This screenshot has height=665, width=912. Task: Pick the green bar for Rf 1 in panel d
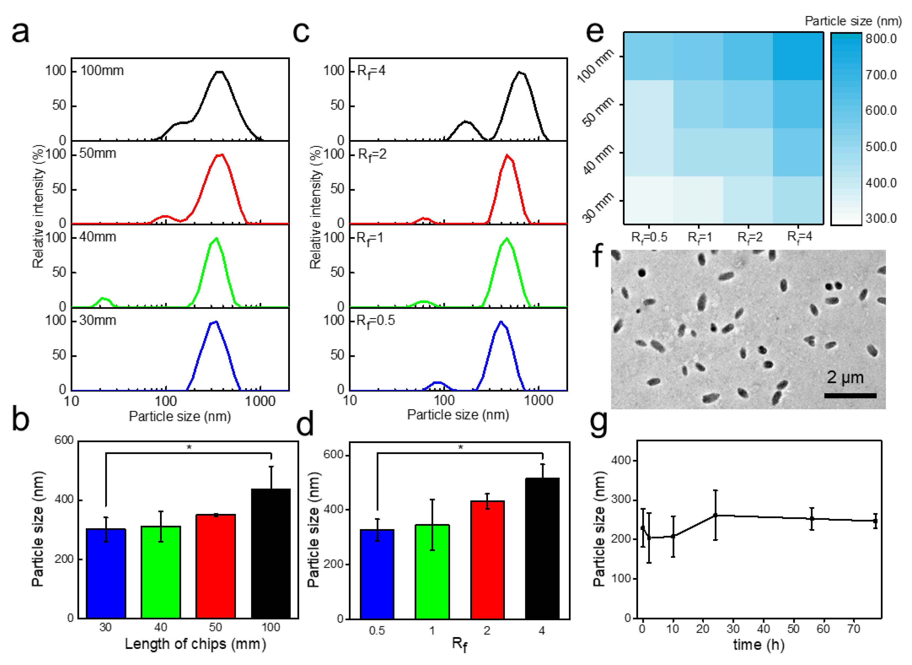coord(432,572)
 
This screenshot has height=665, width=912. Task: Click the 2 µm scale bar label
coord(845,378)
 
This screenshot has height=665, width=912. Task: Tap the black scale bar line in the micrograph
coord(850,396)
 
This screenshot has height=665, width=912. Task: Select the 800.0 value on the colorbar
coord(881,39)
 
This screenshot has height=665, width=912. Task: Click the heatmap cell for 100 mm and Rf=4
coord(798,56)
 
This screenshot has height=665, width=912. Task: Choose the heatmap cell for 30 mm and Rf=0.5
coord(649,200)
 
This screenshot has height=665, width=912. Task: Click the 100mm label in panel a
coord(102,71)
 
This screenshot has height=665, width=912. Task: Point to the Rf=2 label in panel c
coord(372,155)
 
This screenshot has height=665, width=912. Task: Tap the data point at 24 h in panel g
coord(715,515)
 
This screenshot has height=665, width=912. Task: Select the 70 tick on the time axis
coord(853,629)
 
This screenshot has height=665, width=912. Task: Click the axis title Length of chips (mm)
coord(195,644)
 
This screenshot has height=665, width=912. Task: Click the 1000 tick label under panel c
coord(539,400)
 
